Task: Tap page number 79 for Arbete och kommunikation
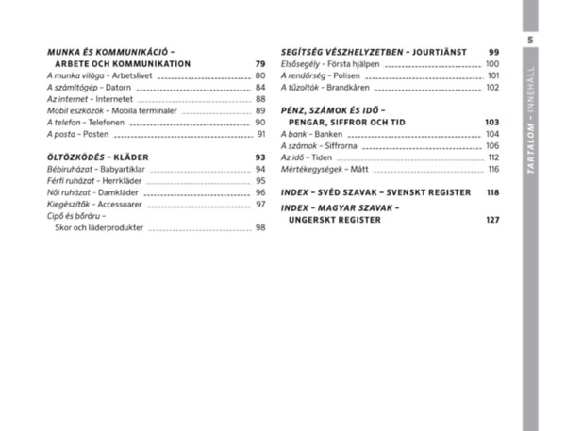tap(259, 64)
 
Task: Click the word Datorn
tap(118, 88)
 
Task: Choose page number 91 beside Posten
tap(260, 134)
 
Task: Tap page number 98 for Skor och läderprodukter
tap(259, 228)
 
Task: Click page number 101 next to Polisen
tap(492, 75)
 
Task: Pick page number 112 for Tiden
tap(492, 157)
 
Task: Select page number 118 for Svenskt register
tap(491, 192)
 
